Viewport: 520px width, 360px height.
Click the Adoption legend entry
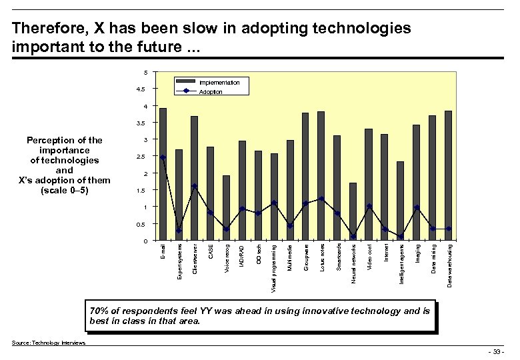211,92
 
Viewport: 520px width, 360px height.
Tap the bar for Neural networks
353,211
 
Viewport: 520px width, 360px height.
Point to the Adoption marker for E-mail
163,157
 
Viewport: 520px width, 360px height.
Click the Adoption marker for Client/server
194,186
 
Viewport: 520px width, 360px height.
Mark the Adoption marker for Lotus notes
321,199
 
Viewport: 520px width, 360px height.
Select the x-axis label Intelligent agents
401,264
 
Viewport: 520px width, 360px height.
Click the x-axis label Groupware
306,257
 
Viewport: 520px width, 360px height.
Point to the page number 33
495,351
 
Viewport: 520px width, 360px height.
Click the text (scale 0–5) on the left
64,190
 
